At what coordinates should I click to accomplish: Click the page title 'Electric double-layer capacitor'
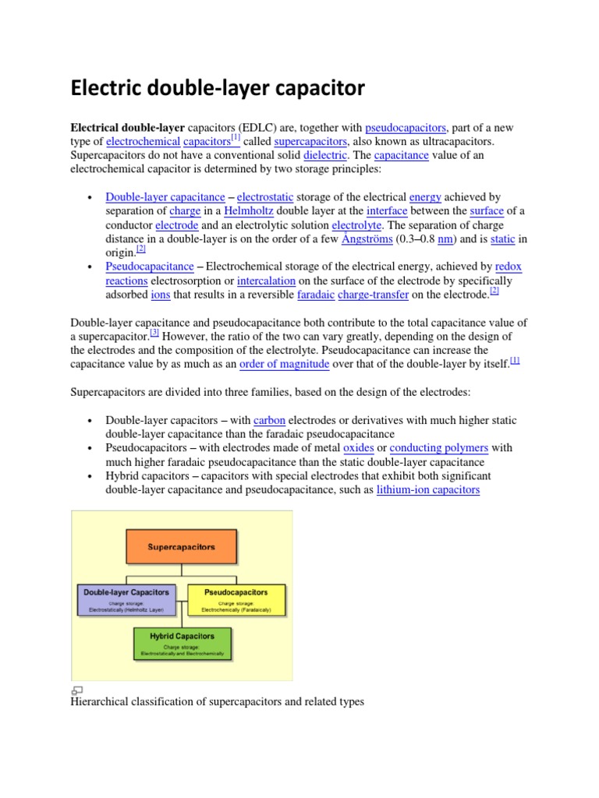point(218,89)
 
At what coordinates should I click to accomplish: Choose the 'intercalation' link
point(267,281)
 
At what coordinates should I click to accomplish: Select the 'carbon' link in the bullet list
point(270,420)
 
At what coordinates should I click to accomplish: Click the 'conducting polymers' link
point(439,448)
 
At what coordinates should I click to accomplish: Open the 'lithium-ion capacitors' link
point(427,490)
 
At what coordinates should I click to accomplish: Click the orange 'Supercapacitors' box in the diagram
point(182,547)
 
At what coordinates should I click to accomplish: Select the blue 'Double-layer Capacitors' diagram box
point(126,598)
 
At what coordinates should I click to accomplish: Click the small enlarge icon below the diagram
point(76,690)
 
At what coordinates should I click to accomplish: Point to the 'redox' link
point(509,267)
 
